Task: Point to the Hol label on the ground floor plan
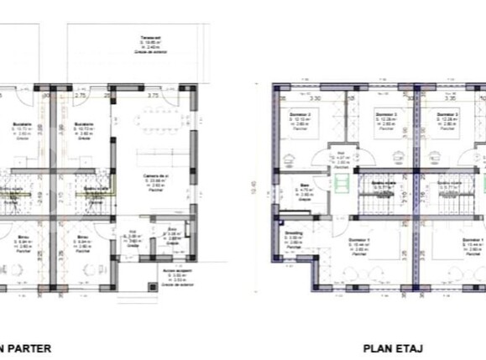[x=132, y=235]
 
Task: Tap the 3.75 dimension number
[x=153, y=96]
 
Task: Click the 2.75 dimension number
[x=81, y=96]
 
